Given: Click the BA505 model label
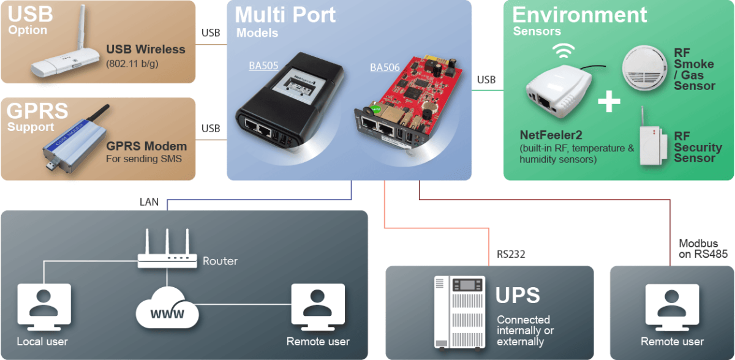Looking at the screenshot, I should [x=263, y=66].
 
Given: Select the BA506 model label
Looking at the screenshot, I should [x=384, y=67].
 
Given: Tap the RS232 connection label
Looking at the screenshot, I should [x=511, y=253].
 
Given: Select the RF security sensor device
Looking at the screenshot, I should [x=652, y=143].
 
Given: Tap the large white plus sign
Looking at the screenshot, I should [x=609, y=100].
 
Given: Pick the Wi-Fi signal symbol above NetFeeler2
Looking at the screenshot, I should [x=563, y=50].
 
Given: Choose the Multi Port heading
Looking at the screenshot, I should [x=285, y=14].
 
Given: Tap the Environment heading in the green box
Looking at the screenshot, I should [x=579, y=14].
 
